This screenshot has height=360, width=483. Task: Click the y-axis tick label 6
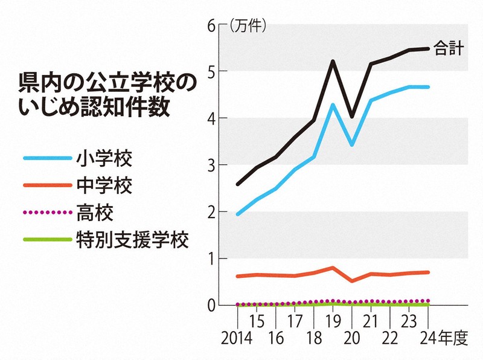(212, 25)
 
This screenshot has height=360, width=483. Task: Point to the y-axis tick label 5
(212, 71)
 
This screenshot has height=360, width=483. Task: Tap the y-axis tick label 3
(212, 165)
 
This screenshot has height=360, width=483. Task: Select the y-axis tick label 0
(212, 306)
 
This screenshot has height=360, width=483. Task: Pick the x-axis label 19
(333, 320)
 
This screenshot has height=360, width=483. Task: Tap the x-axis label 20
(352, 338)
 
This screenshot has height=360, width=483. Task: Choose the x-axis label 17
(294, 320)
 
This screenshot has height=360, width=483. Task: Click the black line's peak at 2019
(333, 61)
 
